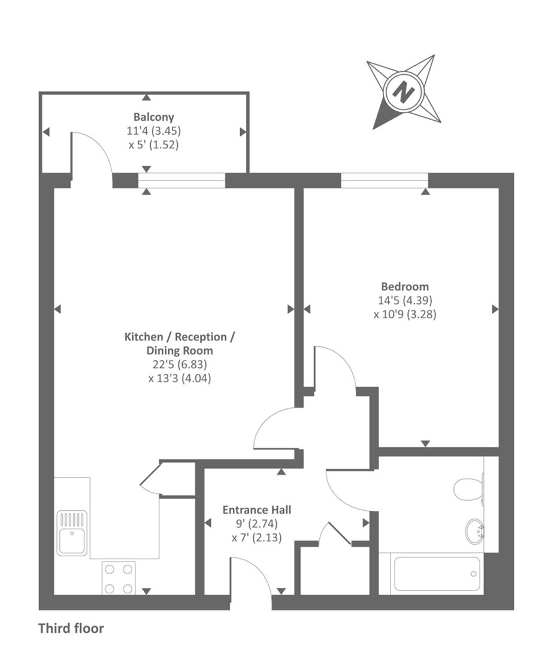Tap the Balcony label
(154, 117)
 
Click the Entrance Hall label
(257, 510)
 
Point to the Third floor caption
(71, 629)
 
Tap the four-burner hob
(119, 578)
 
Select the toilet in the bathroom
(469, 488)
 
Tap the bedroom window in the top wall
(384, 180)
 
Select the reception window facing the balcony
(182, 180)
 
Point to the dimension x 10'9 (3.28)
(405, 313)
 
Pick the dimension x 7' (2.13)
(257, 537)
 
